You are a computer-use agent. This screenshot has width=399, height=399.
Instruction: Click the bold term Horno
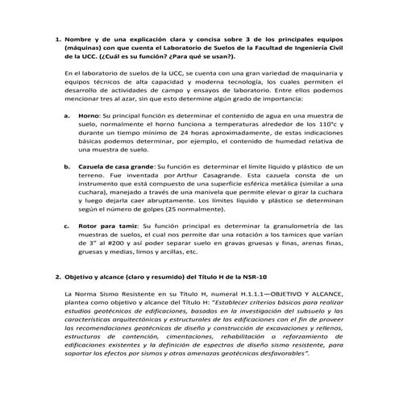point(88,115)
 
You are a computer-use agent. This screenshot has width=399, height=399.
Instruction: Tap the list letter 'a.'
point(66,115)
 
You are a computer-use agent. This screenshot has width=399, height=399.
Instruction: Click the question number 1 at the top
point(56,39)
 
